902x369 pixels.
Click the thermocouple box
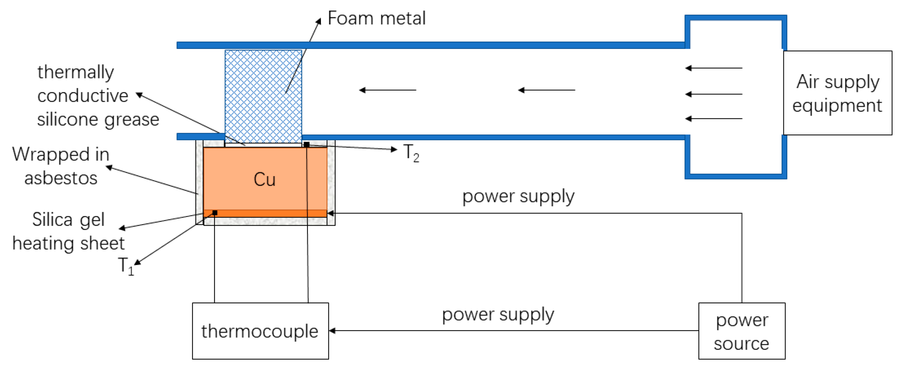260,331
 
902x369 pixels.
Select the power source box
742,331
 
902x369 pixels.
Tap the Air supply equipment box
837,93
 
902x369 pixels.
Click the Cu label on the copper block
264,179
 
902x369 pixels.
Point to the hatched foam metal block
263,97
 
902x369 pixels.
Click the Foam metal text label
377,18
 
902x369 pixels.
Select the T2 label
411,153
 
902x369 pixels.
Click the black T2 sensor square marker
307,145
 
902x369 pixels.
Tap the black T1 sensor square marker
215,213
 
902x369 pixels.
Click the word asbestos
61,178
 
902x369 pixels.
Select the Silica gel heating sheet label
68,231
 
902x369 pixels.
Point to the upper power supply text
518,196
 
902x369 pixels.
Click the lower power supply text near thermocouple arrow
498,314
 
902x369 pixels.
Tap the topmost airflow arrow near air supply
714,68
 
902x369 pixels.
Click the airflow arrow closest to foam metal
387,90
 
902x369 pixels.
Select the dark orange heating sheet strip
265,213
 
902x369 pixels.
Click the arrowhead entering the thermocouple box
332,331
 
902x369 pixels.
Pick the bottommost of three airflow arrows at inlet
714,119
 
